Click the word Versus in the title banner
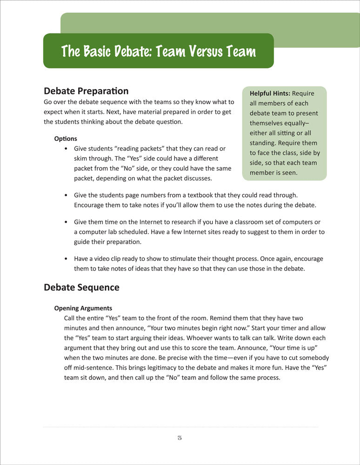pos(187,51)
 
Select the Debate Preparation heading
pos(86,91)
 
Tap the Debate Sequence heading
pos(81,287)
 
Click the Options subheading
pos(66,139)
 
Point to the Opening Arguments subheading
pos(83,308)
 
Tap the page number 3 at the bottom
pos(180,438)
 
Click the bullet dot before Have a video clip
pos(67,259)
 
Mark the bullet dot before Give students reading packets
pos(67,149)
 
